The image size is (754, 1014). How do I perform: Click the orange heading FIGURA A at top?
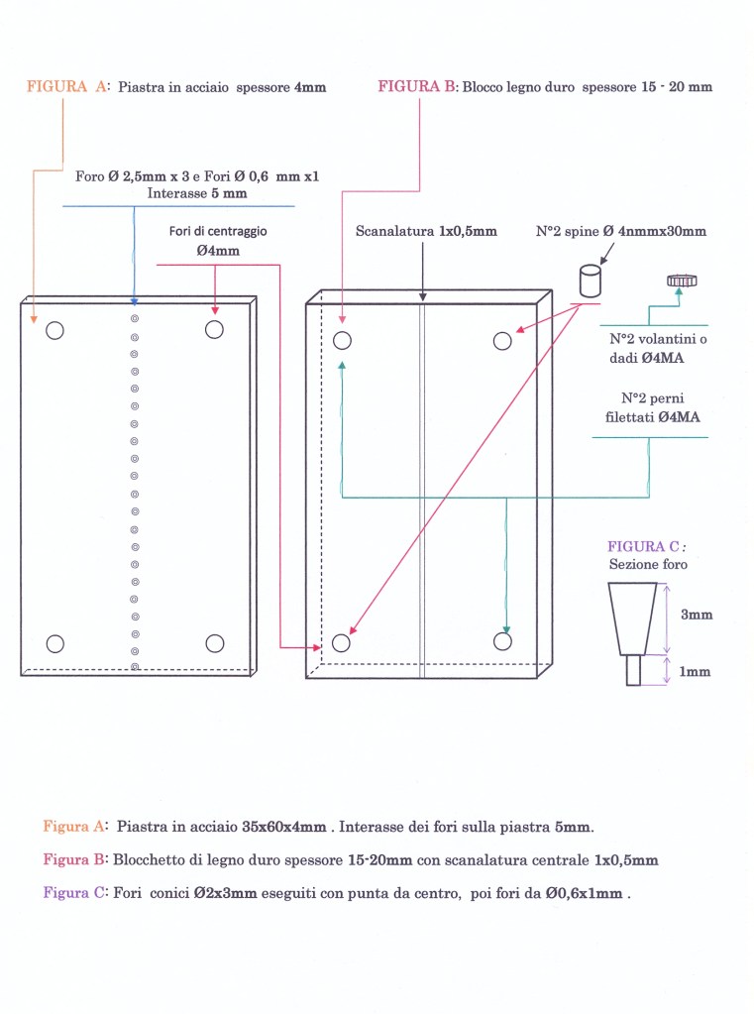click(65, 87)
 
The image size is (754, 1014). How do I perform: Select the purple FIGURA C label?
click(644, 546)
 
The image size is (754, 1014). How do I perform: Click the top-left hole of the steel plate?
click(55, 330)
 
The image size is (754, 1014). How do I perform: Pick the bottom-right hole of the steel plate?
click(215, 643)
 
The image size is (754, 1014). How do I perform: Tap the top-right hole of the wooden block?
click(502, 341)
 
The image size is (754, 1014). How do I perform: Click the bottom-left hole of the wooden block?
click(342, 642)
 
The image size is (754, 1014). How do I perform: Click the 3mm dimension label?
click(696, 615)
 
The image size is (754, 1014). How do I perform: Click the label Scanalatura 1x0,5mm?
click(426, 231)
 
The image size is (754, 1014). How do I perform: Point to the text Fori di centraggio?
click(217, 231)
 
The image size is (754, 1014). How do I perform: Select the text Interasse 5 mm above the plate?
click(196, 193)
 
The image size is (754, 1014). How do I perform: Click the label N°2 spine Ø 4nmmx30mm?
click(621, 231)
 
